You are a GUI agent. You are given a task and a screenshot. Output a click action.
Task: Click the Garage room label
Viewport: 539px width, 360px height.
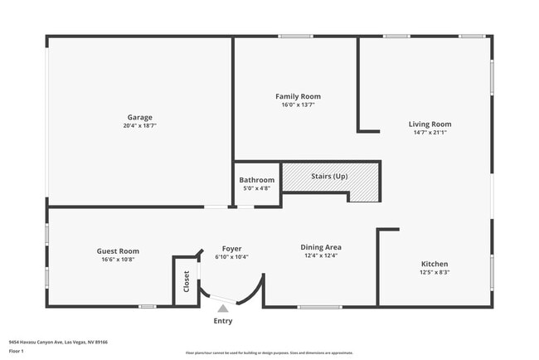point(138,118)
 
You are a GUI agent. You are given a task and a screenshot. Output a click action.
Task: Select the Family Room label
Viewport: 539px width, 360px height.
point(298,97)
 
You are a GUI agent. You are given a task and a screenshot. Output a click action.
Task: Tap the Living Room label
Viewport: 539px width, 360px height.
point(430,124)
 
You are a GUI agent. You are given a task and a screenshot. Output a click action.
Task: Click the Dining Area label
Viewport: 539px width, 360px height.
point(321,247)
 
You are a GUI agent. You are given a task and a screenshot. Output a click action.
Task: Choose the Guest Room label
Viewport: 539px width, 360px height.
point(118,251)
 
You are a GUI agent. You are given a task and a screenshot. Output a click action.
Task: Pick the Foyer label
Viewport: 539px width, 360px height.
point(231,248)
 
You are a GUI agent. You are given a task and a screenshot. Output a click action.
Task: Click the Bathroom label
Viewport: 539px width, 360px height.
point(256,180)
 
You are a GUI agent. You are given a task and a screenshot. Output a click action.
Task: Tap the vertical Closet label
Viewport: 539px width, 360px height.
point(187,282)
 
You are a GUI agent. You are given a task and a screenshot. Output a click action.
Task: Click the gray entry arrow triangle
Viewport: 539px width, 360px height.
point(222,309)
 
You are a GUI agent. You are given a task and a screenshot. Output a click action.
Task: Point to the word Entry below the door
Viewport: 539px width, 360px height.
point(223,321)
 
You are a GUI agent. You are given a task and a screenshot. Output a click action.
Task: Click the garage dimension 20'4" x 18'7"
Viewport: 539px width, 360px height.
point(138,126)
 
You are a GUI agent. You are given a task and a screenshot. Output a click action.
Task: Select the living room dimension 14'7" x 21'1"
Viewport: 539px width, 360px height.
point(430,133)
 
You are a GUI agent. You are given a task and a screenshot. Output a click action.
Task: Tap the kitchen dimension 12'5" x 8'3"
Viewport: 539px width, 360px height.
point(434,272)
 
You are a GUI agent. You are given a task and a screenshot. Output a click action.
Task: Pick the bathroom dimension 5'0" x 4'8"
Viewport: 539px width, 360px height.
point(256,188)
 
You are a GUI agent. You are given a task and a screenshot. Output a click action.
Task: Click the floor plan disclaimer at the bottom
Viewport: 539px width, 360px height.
point(269,353)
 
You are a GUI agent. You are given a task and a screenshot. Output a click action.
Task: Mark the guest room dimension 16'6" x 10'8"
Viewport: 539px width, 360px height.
point(118,260)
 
